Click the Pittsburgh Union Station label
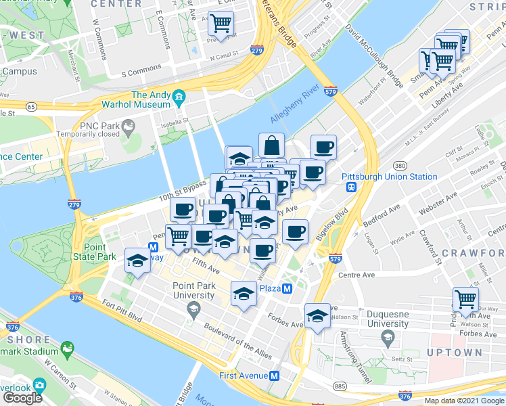pos(389,177)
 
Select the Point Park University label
pos(194,290)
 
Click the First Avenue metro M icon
pos(275,376)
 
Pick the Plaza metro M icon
pos(287,288)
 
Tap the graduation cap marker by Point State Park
pos(138,261)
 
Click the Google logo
pos(22,398)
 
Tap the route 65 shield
pos(31,106)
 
